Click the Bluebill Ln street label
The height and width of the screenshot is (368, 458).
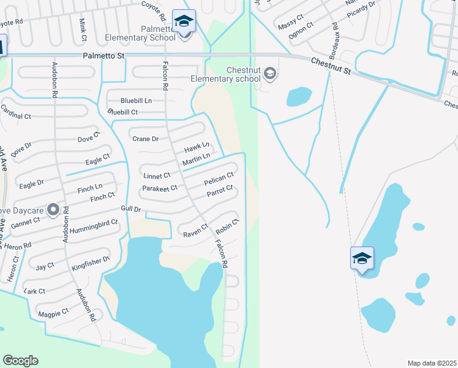pos(136,100)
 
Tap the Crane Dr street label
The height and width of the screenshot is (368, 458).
pos(146,139)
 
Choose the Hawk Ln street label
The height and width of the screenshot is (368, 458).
pos(197,148)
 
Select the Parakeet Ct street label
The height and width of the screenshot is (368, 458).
pos(159,188)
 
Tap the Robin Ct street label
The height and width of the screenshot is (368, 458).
pos(227,226)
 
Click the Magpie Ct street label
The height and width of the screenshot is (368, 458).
pos(53,313)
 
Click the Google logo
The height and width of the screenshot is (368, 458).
pos(20,361)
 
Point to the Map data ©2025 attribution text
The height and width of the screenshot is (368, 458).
pos(432,363)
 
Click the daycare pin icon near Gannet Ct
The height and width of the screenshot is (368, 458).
pos(53,210)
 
